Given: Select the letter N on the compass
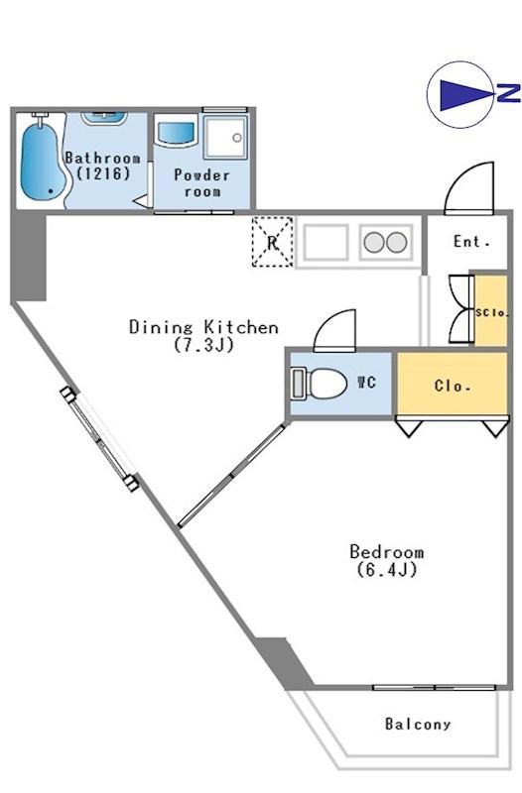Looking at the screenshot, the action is [508, 93].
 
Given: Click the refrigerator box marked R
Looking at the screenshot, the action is [272, 242].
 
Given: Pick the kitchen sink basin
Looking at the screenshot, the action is [326, 242].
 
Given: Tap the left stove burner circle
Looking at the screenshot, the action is [374, 242].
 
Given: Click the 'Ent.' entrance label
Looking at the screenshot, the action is [471, 242].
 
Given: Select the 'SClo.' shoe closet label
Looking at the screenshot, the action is [491, 312].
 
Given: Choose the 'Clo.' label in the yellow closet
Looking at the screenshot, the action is [453, 387].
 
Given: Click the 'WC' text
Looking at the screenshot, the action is [366, 382].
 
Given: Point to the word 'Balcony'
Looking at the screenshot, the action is [418, 724].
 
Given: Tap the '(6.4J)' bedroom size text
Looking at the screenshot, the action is [387, 569].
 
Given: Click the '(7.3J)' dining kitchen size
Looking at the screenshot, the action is [203, 345].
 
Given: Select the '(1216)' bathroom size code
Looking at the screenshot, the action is [103, 173].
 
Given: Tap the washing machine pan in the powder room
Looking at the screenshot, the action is [225, 137].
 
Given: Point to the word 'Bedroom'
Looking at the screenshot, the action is [387, 551].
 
